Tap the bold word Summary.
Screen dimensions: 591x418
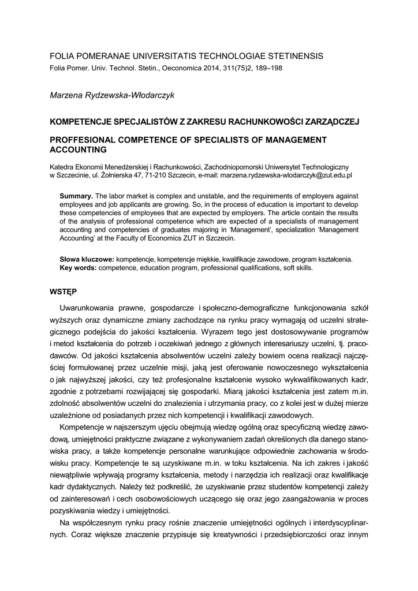click(76, 196)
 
